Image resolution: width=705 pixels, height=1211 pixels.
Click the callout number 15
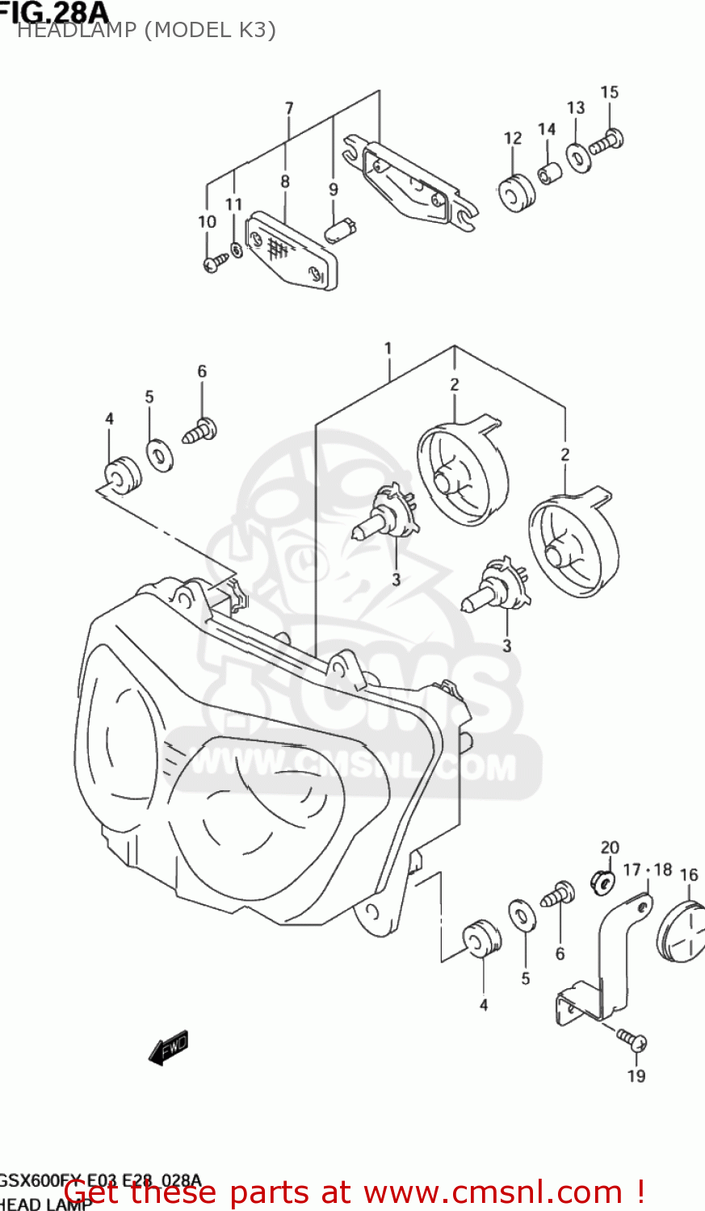[x=609, y=93]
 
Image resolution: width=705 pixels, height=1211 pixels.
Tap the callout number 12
[x=513, y=138]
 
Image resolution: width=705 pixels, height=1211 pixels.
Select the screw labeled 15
[x=606, y=143]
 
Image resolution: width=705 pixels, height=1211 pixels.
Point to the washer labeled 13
[x=577, y=157]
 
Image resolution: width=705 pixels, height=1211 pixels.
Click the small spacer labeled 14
[x=549, y=173]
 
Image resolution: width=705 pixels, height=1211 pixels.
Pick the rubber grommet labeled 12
[x=516, y=193]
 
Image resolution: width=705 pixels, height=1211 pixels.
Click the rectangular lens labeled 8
[x=291, y=249]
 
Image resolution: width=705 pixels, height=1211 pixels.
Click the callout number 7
[x=289, y=108]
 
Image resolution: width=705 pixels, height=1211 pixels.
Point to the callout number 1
[x=388, y=349]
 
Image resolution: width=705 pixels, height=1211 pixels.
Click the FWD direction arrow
[x=170, y=1048]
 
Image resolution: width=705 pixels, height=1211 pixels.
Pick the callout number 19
[x=636, y=1075]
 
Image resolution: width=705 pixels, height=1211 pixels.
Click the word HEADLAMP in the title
[x=79, y=31]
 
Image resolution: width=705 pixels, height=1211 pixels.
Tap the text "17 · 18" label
[x=648, y=869]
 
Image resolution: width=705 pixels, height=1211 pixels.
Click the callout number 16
[x=689, y=875]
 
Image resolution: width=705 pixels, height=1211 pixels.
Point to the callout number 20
[x=610, y=848]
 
